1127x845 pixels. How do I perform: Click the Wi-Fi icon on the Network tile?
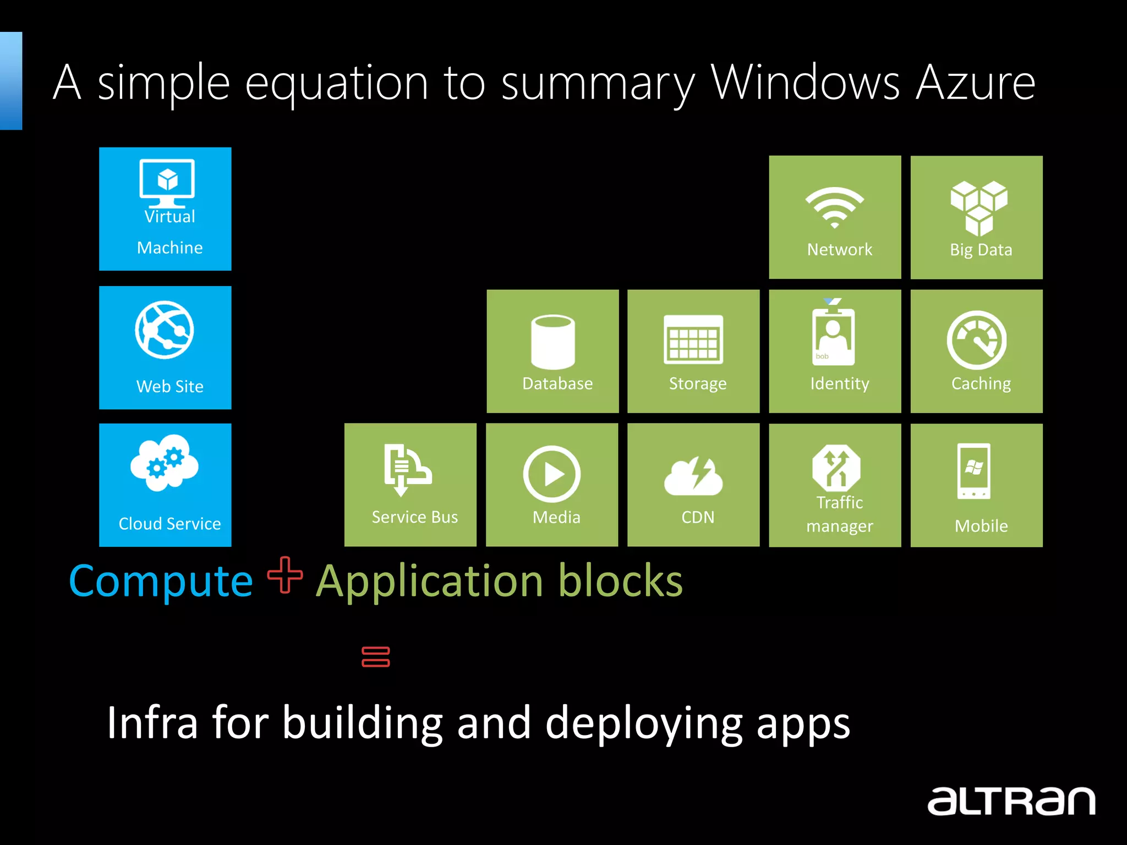coord(834,207)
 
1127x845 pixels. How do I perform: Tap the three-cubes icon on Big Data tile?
coord(978,208)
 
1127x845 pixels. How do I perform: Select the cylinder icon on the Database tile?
coord(552,342)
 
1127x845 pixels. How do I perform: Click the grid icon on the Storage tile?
coord(693,339)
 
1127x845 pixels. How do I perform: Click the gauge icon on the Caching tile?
coord(976,340)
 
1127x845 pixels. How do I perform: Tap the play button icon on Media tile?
coord(552,474)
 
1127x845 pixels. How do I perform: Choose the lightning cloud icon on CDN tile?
coord(693,476)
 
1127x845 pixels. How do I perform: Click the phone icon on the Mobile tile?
coord(973,471)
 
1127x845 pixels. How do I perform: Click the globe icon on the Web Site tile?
coord(165,330)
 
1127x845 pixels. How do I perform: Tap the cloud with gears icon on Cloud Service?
coord(165,463)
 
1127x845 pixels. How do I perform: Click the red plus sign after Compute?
coord(285,575)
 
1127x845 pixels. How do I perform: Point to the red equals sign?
coord(376,657)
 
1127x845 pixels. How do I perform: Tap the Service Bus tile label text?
coord(414,517)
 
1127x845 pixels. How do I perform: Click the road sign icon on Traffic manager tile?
coord(836,468)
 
